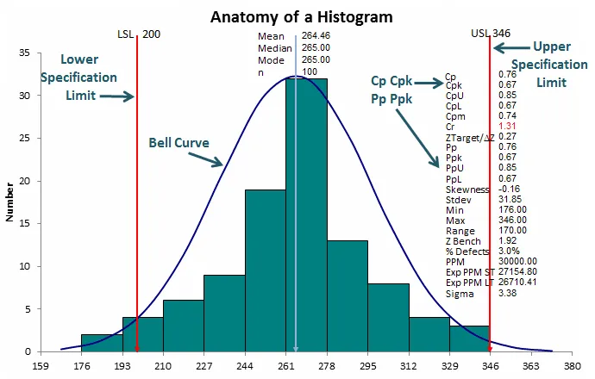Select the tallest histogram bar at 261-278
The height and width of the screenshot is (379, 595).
pyautogui.click(x=306, y=215)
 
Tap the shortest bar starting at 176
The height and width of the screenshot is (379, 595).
pyautogui.click(x=101, y=343)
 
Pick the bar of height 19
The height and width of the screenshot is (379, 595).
pyautogui.click(x=265, y=270)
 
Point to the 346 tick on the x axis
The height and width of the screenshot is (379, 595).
pyautogui.click(x=490, y=364)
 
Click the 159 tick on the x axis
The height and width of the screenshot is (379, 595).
pyautogui.click(x=39, y=364)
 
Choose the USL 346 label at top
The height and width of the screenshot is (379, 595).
pyautogui.click(x=490, y=34)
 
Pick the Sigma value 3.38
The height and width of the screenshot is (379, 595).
pyautogui.click(x=509, y=292)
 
